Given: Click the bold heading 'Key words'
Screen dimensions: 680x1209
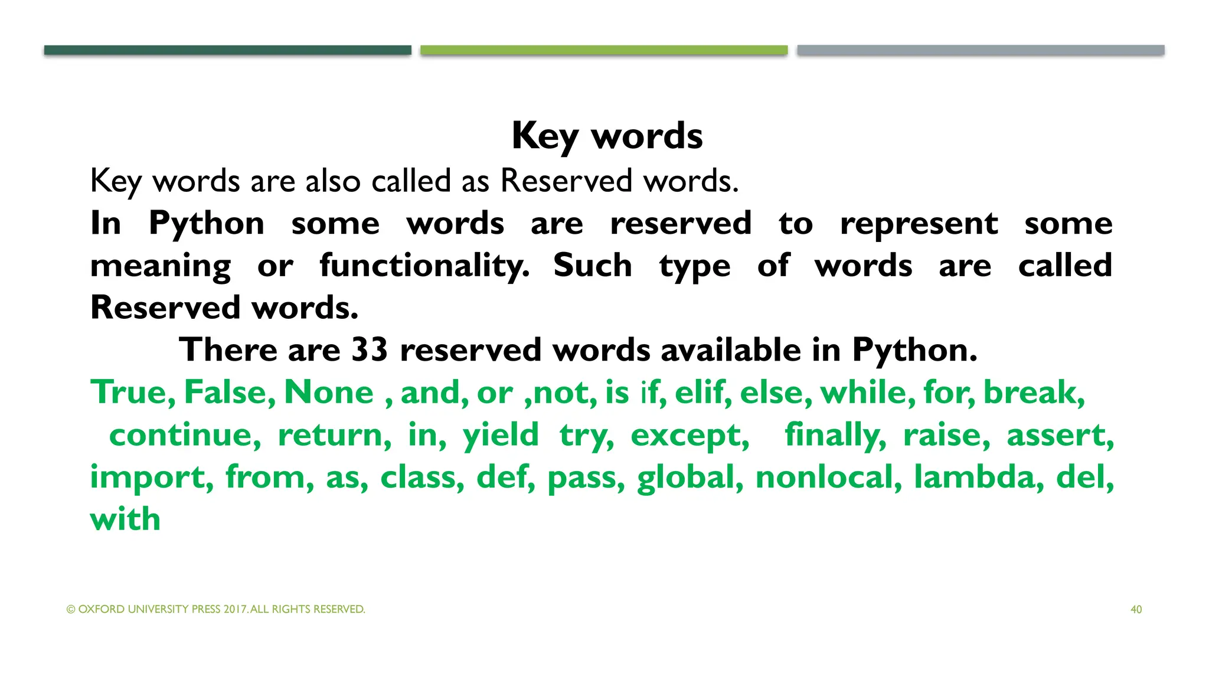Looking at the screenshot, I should pyautogui.click(x=607, y=136).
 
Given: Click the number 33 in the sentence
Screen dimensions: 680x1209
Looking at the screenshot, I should pyautogui.click(x=370, y=349).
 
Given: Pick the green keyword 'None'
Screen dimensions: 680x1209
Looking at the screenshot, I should pyautogui.click(x=329, y=392).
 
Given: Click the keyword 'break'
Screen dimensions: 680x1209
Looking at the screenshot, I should pyautogui.click(x=1033, y=392).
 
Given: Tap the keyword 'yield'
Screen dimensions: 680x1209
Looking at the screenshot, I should pyautogui.click(x=501, y=435).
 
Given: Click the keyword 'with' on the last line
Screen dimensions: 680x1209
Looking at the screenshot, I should pyautogui.click(x=125, y=519).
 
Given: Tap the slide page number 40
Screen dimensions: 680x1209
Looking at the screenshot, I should pyautogui.click(x=1136, y=609).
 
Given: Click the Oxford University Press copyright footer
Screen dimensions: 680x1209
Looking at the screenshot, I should pyautogui.click(x=216, y=609).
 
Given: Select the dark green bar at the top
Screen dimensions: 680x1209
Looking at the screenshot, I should pyautogui.click(x=227, y=50).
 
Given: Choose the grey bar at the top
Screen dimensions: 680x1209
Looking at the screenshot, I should pyautogui.click(x=981, y=50).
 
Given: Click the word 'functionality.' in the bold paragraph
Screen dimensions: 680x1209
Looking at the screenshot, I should pyautogui.click(x=424, y=266).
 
